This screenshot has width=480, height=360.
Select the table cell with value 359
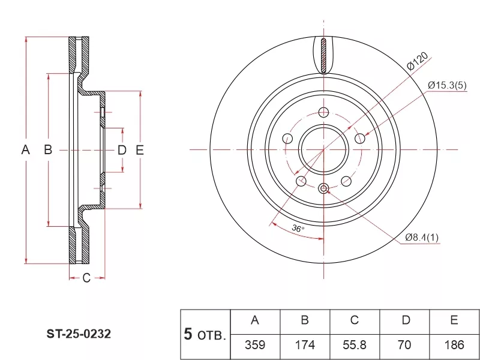pyautogui.click(x=254, y=345)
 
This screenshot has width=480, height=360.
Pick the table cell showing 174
pyautogui.click(x=305, y=345)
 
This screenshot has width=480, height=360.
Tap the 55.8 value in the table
pyautogui.click(x=355, y=345)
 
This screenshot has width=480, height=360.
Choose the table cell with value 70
pyautogui.click(x=406, y=345)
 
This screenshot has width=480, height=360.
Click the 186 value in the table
pyautogui.click(x=455, y=345)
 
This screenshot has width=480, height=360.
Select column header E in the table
pyautogui.click(x=455, y=320)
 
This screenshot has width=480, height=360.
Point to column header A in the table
pyautogui.click(x=254, y=320)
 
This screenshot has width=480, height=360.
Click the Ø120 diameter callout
pyautogui.click(x=417, y=62)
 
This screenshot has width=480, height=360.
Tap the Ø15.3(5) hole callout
pyautogui.click(x=448, y=85)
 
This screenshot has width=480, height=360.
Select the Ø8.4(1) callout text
pyautogui.click(x=422, y=238)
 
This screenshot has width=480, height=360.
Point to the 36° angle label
pyautogui.click(x=298, y=229)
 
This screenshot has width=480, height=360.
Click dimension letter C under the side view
pyautogui.click(x=86, y=278)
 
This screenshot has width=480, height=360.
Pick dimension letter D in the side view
pyautogui.click(x=122, y=150)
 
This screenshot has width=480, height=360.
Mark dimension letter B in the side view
pyautogui.click(x=48, y=150)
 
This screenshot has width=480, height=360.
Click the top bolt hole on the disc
pyautogui.click(x=324, y=112)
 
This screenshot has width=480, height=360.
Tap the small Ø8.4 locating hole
pyautogui.click(x=324, y=189)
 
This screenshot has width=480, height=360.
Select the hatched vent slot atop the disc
pyautogui.click(x=324, y=56)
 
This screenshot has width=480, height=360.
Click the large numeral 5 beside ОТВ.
pyautogui.click(x=188, y=334)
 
